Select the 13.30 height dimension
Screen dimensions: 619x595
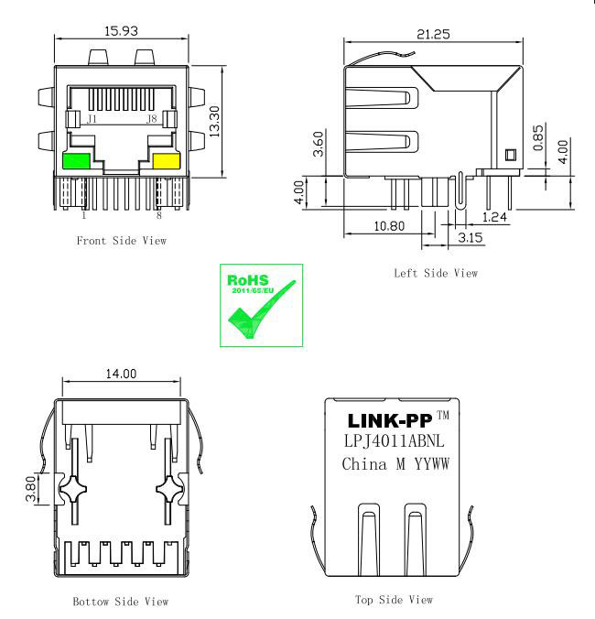(x=215, y=120)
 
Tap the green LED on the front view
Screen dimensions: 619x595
(x=76, y=162)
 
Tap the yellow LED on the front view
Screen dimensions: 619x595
(x=166, y=162)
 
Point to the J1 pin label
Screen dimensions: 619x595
(x=92, y=119)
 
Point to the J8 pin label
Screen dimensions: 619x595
(x=152, y=119)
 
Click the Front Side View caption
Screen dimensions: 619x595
(x=122, y=241)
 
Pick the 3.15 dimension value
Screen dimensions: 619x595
(x=470, y=238)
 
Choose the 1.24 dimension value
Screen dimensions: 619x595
(x=493, y=216)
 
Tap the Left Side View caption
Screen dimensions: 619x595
(x=435, y=273)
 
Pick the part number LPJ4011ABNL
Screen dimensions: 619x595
(x=399, y=441)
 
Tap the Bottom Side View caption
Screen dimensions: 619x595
(x=121, y=603)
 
